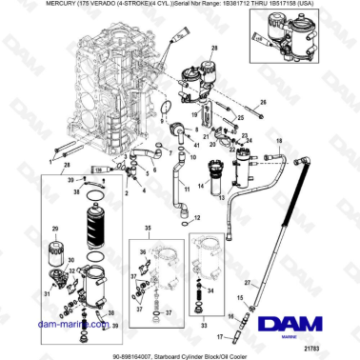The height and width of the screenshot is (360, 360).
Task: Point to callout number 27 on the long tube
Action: tap(250, 283)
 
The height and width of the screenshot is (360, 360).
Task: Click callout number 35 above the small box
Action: tap(148, 230)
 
